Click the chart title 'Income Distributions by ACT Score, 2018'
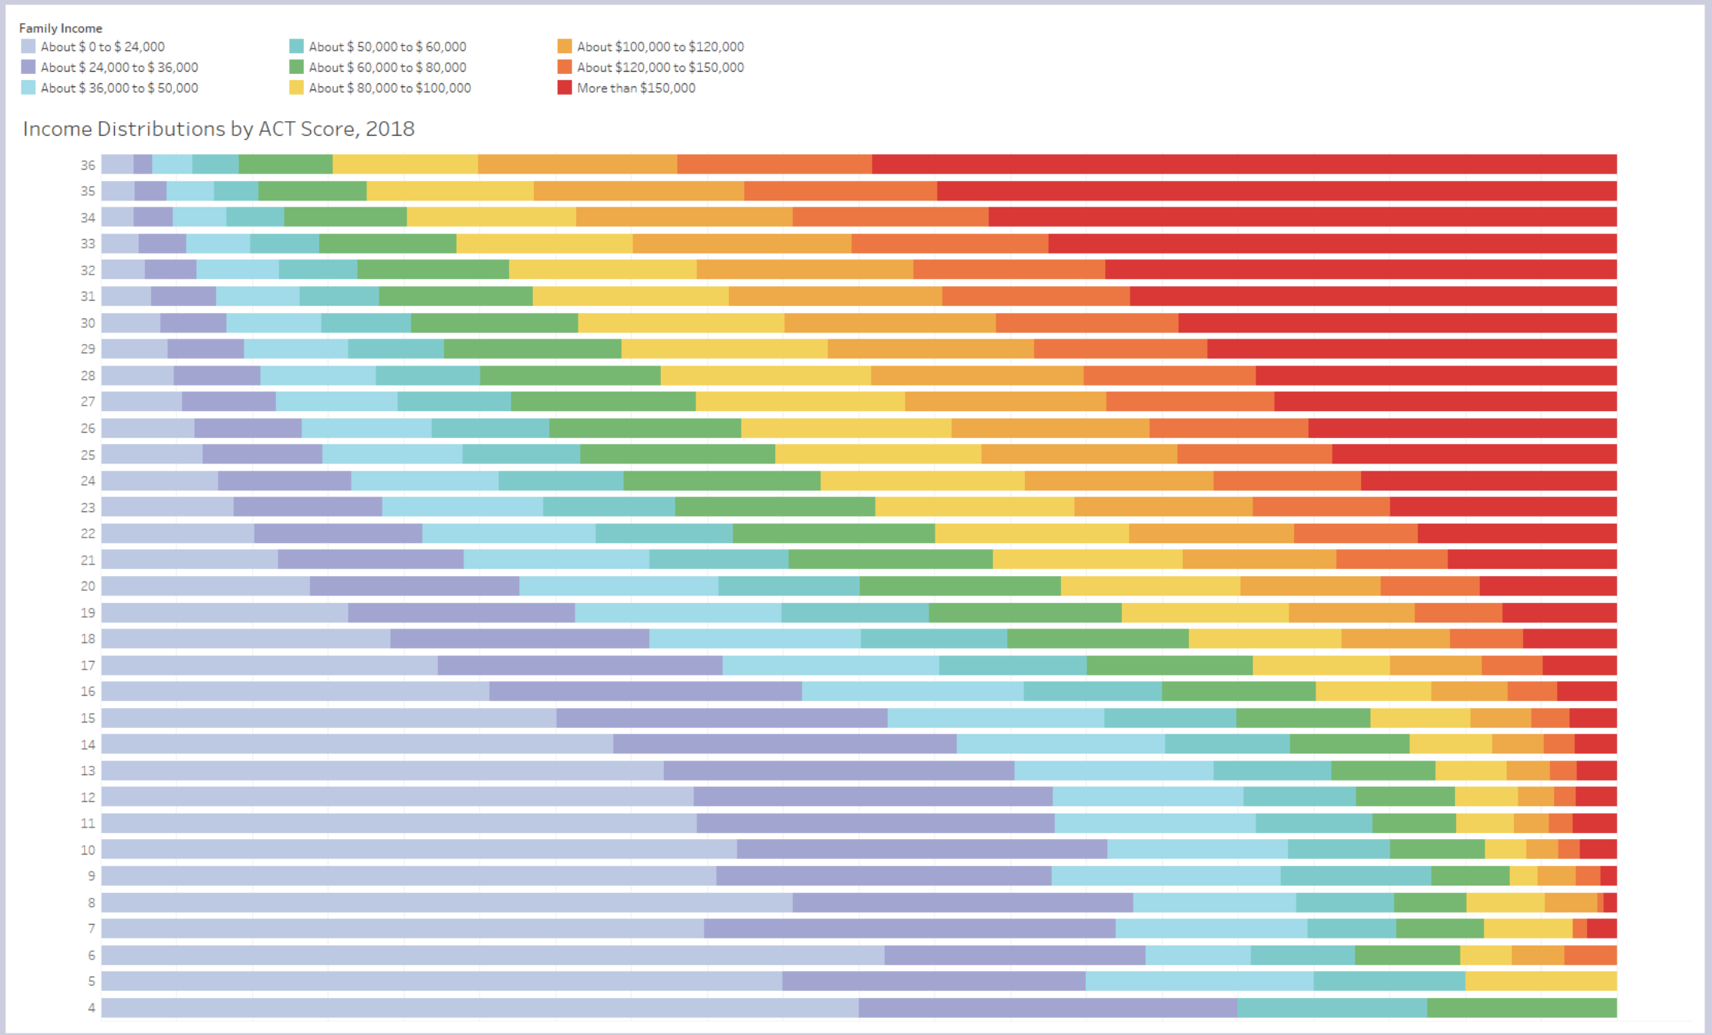[x=219, y=129]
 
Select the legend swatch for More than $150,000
[x=564, y=88]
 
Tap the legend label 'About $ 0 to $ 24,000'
[x=103, y=47]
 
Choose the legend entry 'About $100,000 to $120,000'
[x=651, y=47]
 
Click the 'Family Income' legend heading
[x=60, y=29]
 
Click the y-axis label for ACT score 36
[x=88, y=165]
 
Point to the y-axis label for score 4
[x=92, y=1007]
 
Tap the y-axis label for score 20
[x=88, y=586]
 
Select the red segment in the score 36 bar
[x=1244, y=164]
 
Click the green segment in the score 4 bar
[x=1522, y=1007]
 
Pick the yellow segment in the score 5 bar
[x=1541, y=981]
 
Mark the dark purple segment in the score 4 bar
[x=1048, y=1007]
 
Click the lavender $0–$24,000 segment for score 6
[x=493, y=955]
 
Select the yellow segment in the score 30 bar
[x=681, y=322]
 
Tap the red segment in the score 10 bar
[x=1598, y=849]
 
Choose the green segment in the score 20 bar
[x=960, y=586]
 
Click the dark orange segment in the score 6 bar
[x=1590, y=955]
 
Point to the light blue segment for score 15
[x=996, y=718]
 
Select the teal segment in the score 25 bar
[x=521, y=454]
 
